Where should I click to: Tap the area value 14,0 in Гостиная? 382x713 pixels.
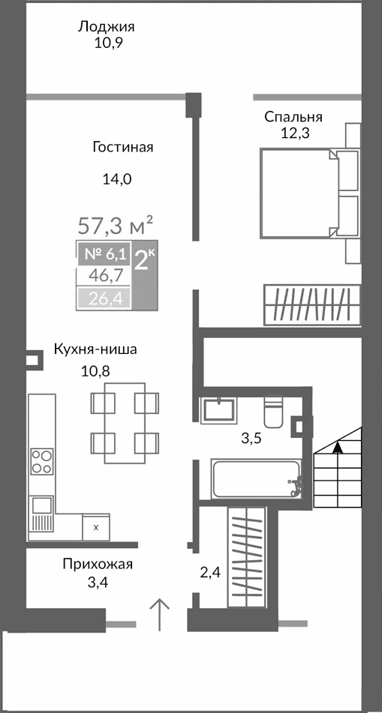[116, 178]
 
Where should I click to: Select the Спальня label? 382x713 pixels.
[293, 117]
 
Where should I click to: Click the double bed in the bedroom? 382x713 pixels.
[299, 193]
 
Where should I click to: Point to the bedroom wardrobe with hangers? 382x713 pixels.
[311, 304]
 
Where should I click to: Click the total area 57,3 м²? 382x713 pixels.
[116, 224]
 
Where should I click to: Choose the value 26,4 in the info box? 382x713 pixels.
[105, 300]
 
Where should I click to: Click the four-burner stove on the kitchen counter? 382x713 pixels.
[41, 461]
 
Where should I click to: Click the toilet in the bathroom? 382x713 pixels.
[273, 412]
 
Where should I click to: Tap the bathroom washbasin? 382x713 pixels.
[218, 410]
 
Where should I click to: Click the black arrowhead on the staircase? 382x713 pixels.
[338, 448]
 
